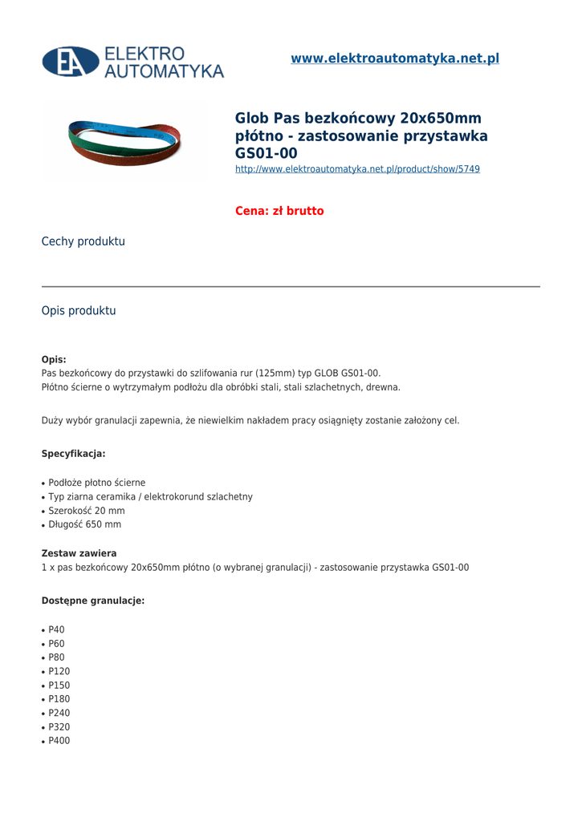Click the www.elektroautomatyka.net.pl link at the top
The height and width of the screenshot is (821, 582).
[x=395, y=59]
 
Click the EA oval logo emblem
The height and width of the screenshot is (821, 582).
[x=71, y=62]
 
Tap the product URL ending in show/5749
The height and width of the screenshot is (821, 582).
[x=357, y=169]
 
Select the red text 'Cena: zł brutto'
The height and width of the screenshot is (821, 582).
[x=279, y=211]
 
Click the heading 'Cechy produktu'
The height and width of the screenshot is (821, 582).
[x=83, y=241]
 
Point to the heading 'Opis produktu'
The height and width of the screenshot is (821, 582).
[x=79, y=310]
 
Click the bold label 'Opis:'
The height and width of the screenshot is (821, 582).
[x=54, y=359]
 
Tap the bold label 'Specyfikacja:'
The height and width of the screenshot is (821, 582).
[x=73, y=454]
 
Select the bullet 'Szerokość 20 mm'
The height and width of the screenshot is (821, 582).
[x=87, y=511]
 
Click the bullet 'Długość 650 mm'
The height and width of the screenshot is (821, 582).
[x=85, y=524]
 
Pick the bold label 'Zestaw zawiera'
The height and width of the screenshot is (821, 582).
[x=79, y=553]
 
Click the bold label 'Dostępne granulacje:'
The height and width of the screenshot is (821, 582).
[x=93, y=601]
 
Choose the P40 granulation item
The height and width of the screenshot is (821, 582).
[x=56, y=629]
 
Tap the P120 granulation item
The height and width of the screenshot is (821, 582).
[x=59, y=671]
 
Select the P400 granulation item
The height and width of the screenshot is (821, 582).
[x=59, y=741]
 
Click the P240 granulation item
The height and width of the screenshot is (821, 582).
[x=59, y=713]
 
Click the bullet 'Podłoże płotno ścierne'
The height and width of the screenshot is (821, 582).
[x=97, y=483]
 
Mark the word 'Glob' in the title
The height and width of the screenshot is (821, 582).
[x=252, y=119]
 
